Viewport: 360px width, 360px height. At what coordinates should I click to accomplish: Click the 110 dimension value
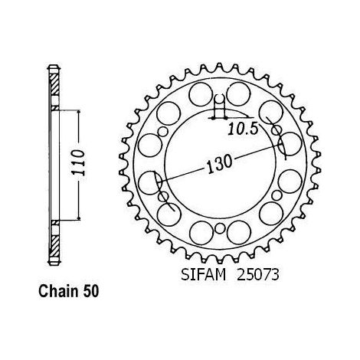click(x=78, y=163)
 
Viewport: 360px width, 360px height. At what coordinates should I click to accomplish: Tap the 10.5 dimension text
click(x=242, y=129)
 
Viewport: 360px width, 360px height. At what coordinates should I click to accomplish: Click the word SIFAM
click(x=204, y=275)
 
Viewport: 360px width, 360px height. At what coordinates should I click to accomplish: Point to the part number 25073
click(x=258, y=275)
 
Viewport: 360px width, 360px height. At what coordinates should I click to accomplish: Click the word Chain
click(x=58, y=291)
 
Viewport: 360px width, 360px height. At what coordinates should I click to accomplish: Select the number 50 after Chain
click(x=90, y=291)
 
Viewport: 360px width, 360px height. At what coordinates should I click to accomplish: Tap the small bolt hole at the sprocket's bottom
click(x=219, y=228)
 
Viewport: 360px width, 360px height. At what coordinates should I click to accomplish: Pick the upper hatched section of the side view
click(x=55, y=84)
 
